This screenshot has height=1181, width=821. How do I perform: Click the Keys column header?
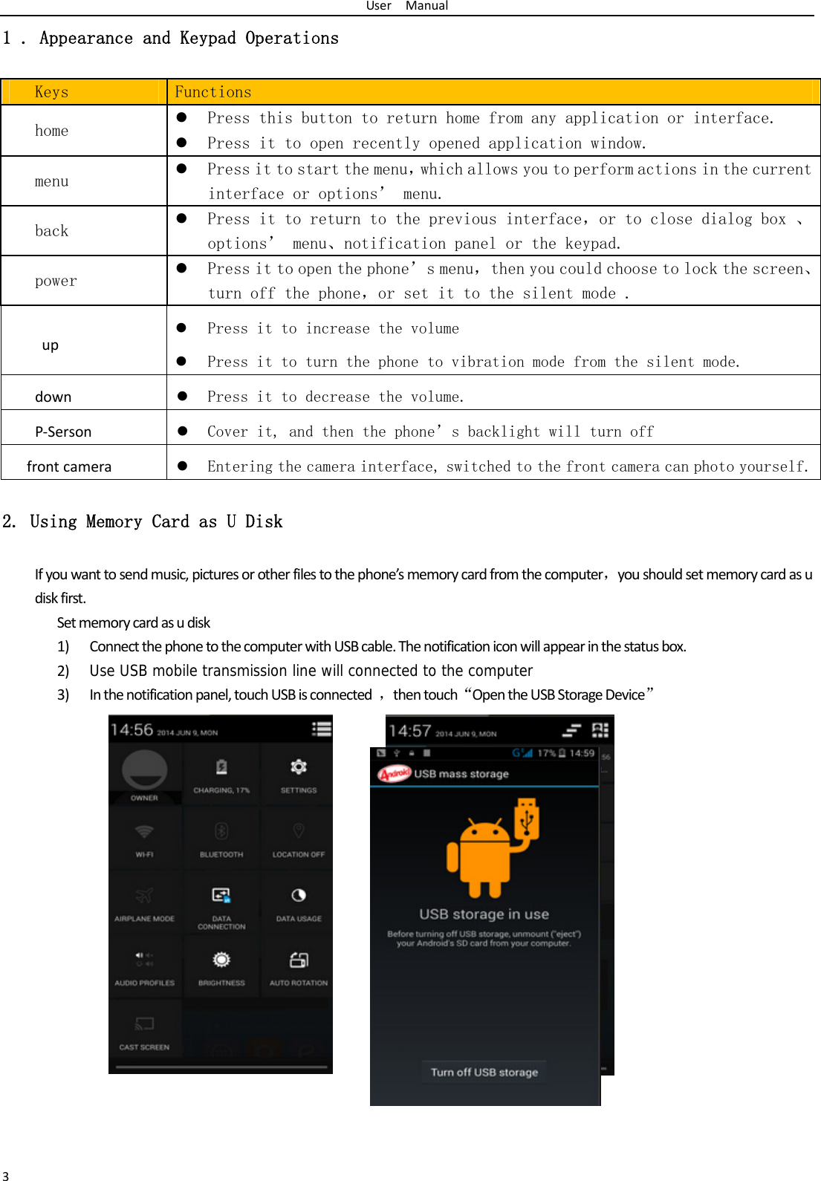(52, 92)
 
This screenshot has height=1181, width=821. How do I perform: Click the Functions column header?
(213, 92)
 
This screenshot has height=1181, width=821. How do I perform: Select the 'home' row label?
(52, 131)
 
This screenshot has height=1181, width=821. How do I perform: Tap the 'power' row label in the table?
(56, 281)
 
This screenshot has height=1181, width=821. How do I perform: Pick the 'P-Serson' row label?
(63, 432)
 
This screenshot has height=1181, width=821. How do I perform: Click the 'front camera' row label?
(69, 466)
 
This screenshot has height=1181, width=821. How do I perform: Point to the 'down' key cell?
(53, 397)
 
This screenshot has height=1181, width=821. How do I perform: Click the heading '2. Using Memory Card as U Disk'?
(143, 521)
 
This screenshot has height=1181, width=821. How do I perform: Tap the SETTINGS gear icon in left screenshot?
(299, 767)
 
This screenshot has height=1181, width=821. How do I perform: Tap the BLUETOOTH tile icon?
(221, 832)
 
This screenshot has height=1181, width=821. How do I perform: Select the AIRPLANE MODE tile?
(145, 902)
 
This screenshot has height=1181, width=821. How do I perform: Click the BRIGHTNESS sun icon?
(221, 960)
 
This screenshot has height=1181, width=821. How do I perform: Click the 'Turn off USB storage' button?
(484, 1072)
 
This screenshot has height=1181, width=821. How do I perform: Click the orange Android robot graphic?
(487, 854)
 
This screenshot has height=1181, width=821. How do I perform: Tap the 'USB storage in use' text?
(484, 914)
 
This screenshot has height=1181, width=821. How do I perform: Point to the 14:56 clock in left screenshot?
(132, 730)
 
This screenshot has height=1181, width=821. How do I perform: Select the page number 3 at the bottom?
(6, 1176)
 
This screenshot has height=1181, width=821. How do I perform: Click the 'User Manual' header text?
(407, 6)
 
